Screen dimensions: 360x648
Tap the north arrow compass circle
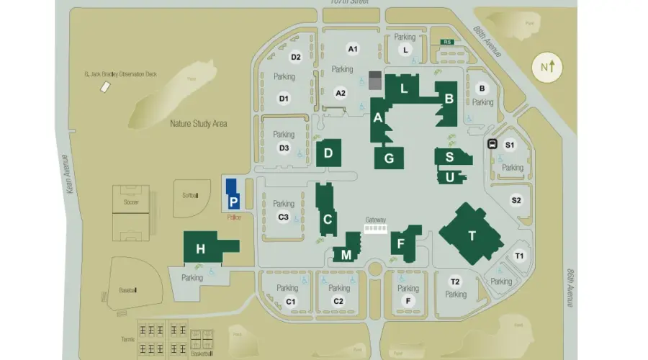tap(549, 67)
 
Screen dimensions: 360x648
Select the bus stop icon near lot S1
tap(493, 143)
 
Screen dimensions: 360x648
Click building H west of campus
tap(202, 249)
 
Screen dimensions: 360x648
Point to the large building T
tap(472, 235)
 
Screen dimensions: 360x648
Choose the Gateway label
tap(376, 220)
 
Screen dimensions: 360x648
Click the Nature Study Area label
tap(199, 124)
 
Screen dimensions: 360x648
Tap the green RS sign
tap(447, 42)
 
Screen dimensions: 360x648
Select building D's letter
tap(328, 153)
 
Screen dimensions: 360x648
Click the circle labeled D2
tap(296, 57)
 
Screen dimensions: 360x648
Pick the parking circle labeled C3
tap(284, 217)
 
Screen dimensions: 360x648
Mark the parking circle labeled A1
tap(353, 49)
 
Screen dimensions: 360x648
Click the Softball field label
tap(190, 195)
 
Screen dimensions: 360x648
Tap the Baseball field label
tap(128, 290)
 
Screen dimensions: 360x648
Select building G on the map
tap(389, 158)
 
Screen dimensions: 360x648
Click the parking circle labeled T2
tap(455, 282)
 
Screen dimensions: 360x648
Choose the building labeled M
tap(346, 255)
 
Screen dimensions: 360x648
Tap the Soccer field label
tap(131, 202)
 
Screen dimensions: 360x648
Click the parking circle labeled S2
tap(516, 200)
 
